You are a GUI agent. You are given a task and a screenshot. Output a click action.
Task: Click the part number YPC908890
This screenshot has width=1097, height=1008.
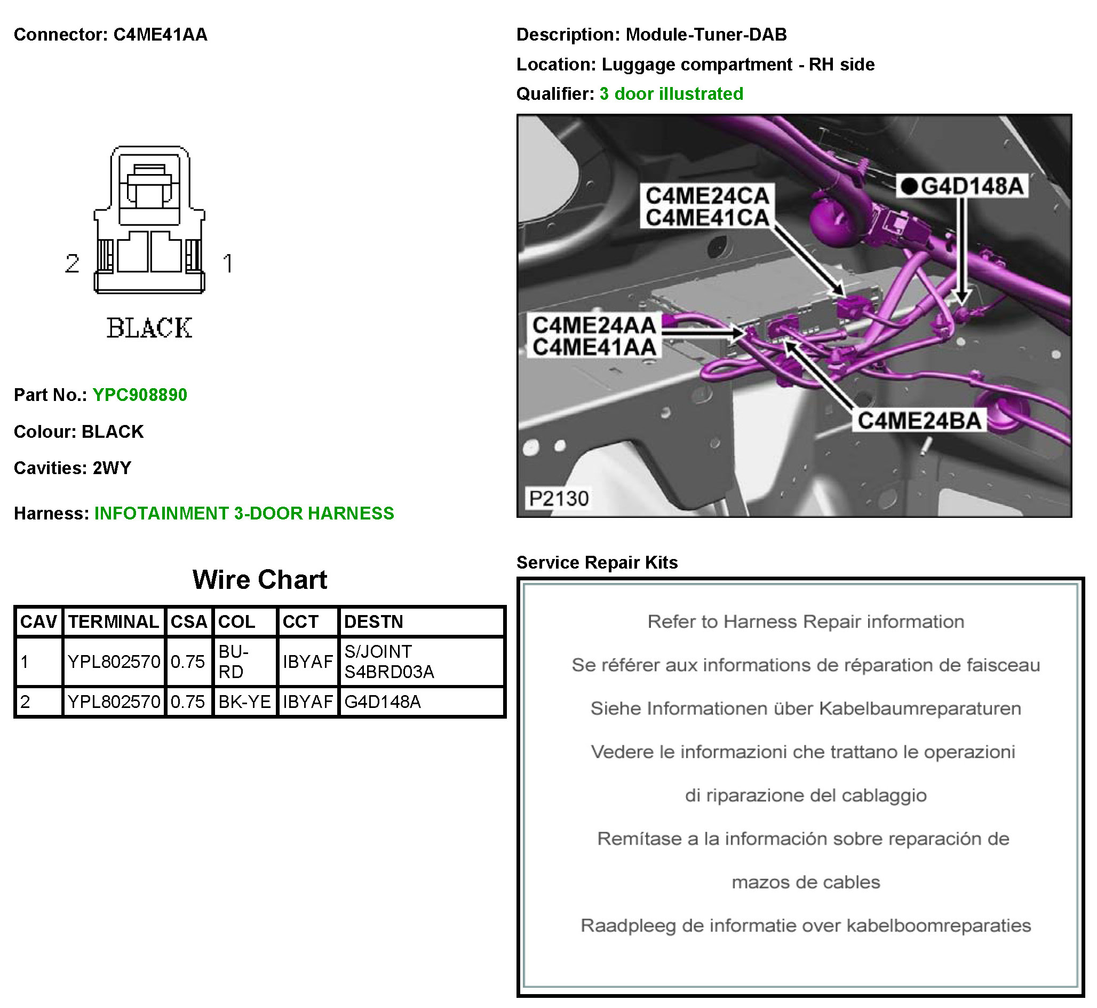coord(140,395)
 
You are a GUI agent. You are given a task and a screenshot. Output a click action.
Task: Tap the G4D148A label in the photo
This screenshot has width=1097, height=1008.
coord(971,186)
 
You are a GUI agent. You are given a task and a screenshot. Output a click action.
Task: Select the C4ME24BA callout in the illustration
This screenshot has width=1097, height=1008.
coord(919,421)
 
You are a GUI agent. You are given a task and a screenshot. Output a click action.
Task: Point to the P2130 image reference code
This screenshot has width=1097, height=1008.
coord(559,499)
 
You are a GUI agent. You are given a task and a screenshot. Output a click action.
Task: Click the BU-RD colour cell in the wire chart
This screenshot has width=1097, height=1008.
coord(233,661)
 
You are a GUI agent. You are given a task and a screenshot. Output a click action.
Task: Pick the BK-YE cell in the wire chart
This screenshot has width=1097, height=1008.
coord(244,702)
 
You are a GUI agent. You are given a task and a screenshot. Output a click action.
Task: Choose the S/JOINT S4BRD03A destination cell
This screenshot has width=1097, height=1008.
coord(389,661)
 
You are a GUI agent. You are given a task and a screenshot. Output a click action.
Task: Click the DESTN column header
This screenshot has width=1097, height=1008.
coord(373,622)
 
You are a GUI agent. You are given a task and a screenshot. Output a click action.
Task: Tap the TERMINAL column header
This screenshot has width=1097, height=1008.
coord(114,622)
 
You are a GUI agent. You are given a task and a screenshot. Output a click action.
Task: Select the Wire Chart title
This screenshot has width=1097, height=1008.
coord(259,580)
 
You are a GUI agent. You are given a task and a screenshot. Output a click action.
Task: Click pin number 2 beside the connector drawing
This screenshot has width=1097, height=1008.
coord(73,264)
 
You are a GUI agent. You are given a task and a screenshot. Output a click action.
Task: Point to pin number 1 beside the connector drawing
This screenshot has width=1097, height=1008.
coord(228,264)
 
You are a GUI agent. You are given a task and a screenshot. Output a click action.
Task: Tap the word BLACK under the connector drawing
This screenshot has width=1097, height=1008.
coord(149,328)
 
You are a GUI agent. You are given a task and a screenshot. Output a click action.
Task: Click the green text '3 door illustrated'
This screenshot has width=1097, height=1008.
coord(671,94)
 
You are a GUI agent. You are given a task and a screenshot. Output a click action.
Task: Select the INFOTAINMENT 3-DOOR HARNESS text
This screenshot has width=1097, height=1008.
coord(244,514)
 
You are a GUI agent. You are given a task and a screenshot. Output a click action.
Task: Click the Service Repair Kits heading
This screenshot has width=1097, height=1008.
coord(597,562)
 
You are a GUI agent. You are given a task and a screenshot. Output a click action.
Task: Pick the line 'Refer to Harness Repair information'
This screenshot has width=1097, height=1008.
coord(805,622)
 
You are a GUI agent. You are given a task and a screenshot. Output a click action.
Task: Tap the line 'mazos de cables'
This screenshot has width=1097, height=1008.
coord(805,883)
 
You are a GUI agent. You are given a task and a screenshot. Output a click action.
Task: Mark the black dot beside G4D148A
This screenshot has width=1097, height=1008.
coord(909,186)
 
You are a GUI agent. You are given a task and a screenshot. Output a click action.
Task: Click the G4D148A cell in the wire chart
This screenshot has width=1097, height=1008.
coord(382,702)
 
